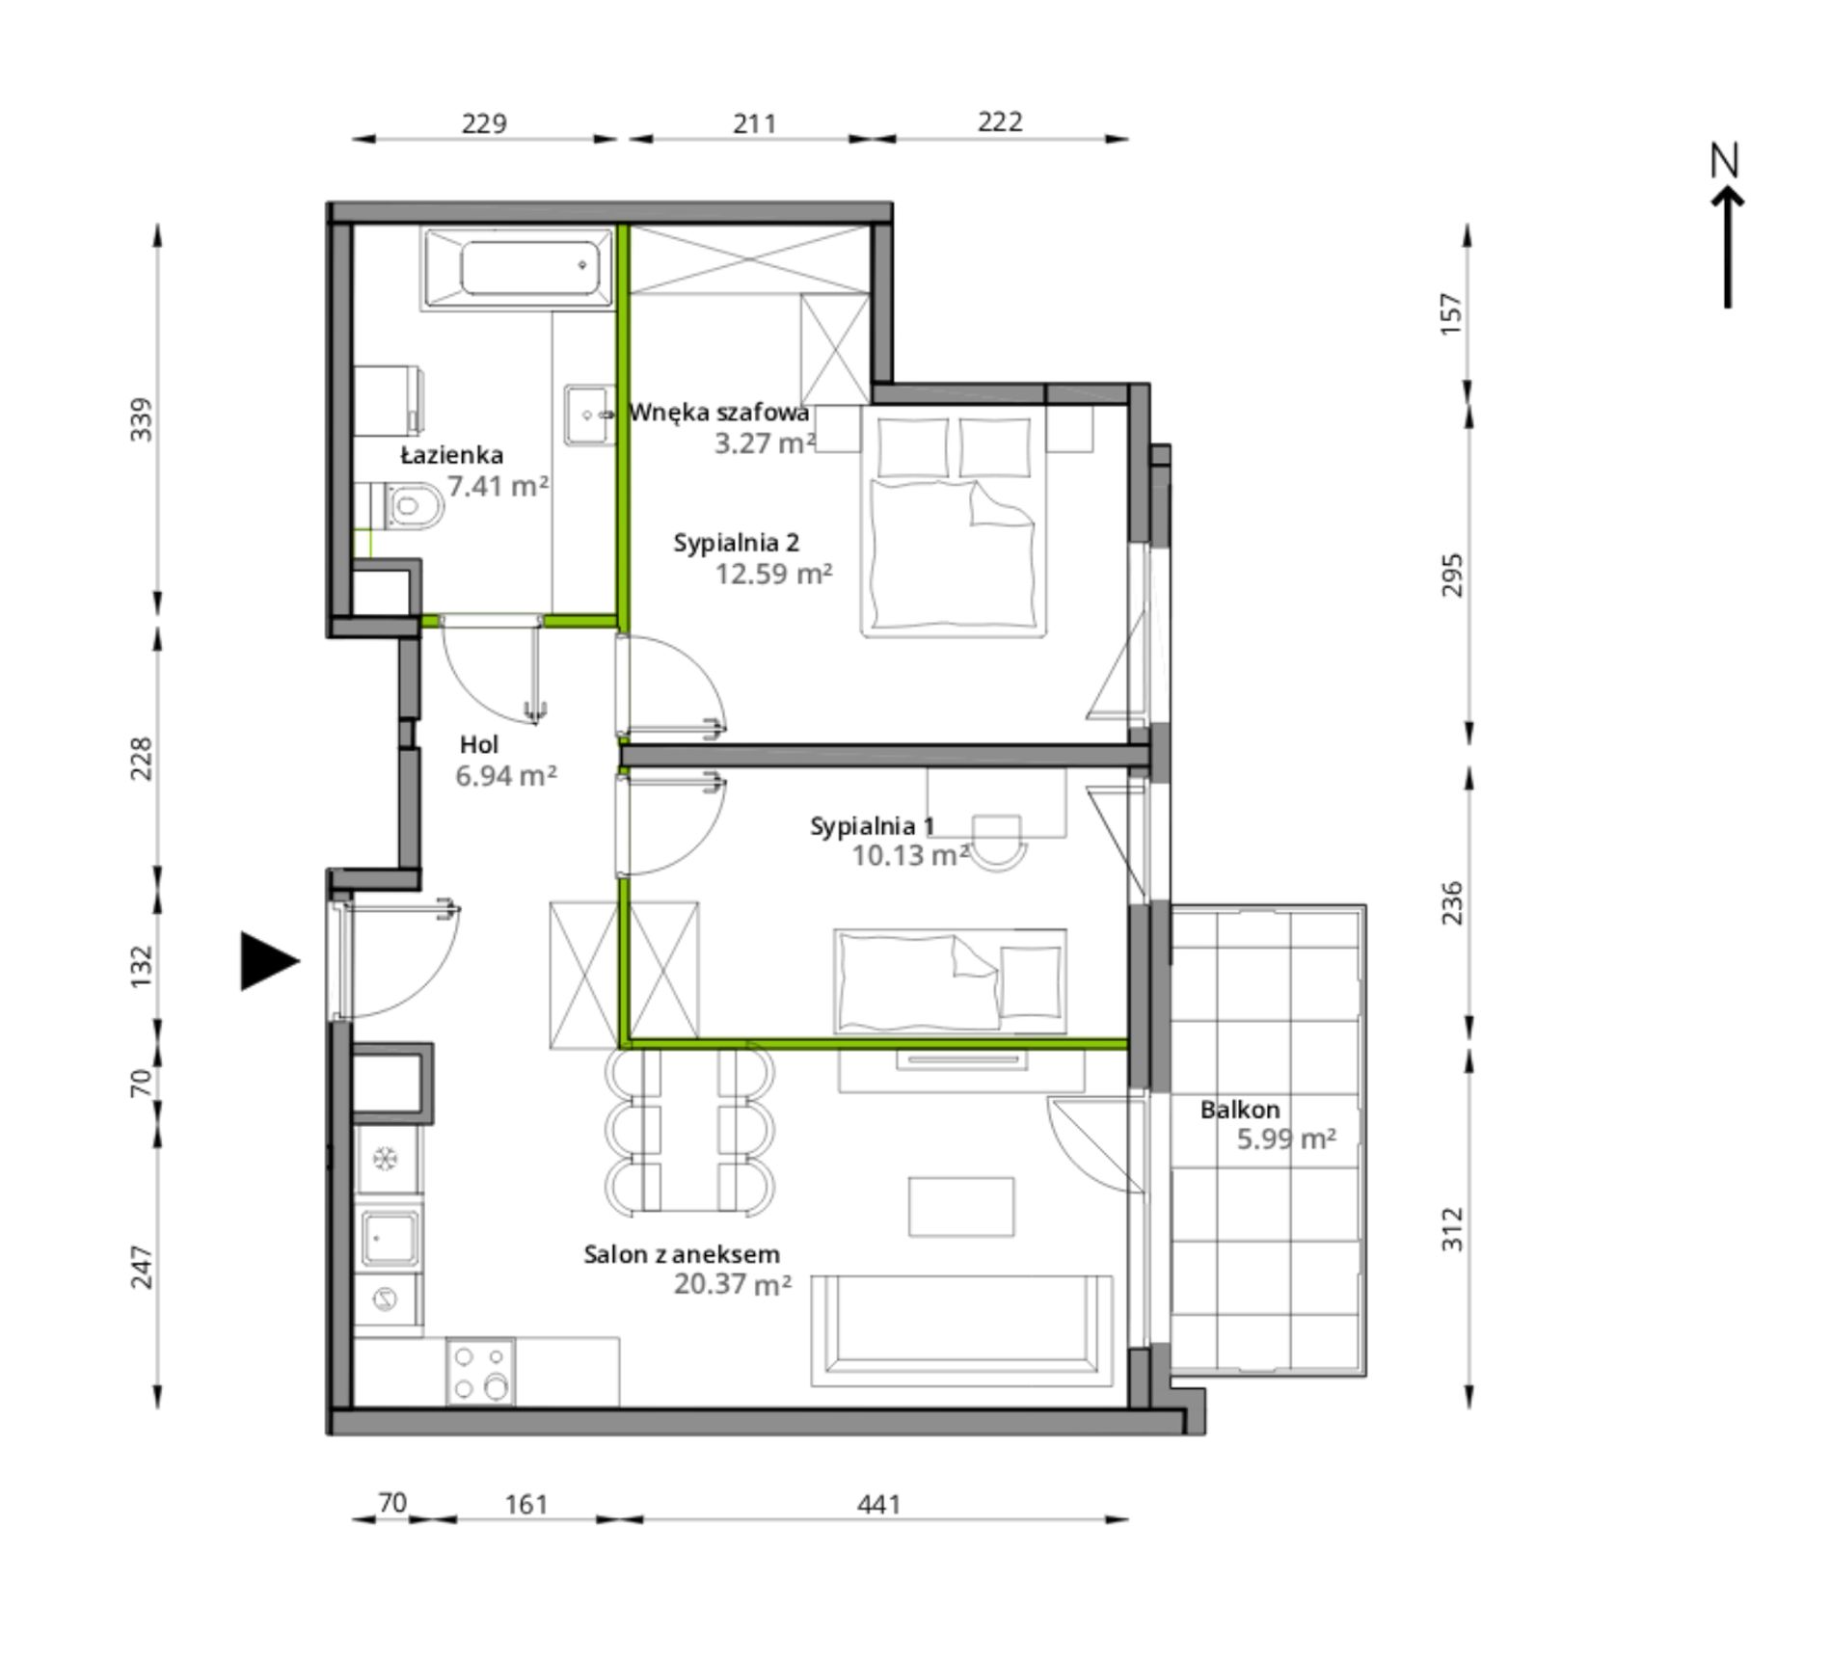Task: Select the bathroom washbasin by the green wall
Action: (590, 415)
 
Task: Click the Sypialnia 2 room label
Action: (737, 543)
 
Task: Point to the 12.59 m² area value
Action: (774, 574)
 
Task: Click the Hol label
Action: (479, 744)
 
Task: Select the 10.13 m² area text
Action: (910, 855)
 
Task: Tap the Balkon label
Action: (1240, 1110)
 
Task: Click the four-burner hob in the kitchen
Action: (481, 1371)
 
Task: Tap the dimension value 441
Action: (879, 1504)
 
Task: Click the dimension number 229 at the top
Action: (484, 123)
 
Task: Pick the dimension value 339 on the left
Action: (142, 419)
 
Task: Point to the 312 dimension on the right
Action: (1452, 1229)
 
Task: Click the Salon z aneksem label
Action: (682, 1254)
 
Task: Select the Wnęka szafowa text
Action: (719, 413)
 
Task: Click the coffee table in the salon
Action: (961, 1206)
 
